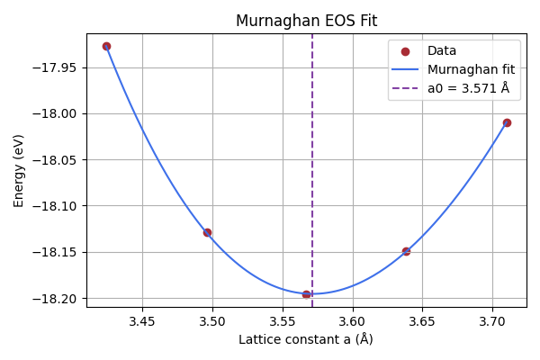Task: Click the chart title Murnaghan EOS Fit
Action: (306, 21)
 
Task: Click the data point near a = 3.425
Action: (106, 46)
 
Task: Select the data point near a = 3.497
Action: (207, 232)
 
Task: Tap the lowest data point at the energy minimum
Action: (306, 294)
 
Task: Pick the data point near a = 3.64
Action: (406, 251)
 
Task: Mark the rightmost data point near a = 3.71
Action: (507, 122)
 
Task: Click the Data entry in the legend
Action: (442, 51)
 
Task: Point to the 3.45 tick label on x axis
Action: (142, 321)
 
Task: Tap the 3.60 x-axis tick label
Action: (352, 321)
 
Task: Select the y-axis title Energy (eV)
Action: (19, 170)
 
